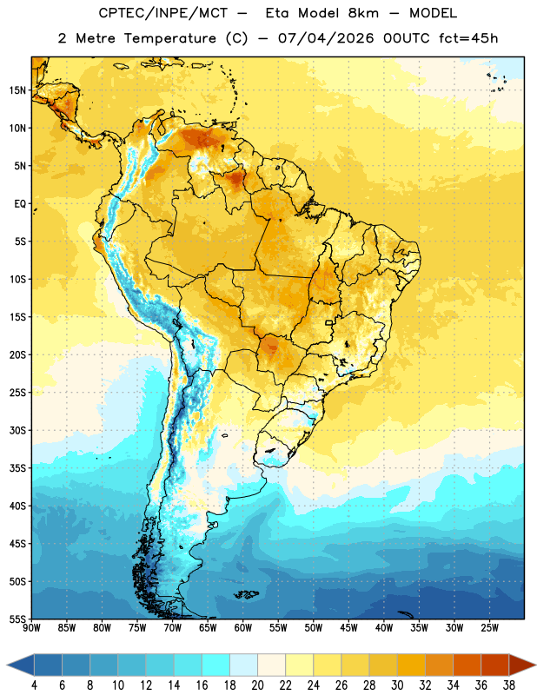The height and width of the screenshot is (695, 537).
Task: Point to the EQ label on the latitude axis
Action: pos(20,204)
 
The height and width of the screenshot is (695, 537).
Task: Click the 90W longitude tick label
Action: pos(31,628)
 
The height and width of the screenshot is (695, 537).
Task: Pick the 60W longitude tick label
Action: pos(243,628)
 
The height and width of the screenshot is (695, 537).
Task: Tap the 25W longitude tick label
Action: pos(490,628)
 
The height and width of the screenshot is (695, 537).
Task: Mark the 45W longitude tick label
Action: pos(349,628)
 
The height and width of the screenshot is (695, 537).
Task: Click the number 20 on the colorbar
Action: pos(257,685)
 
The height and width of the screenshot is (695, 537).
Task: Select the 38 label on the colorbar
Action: pos(509,685)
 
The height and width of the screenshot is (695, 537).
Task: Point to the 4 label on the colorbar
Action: pos(34,685)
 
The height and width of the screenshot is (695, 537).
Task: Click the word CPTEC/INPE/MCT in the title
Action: pos(163,13)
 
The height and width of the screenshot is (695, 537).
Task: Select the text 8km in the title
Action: pos(363,13)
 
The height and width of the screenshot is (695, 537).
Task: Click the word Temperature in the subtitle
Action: pos(169,38)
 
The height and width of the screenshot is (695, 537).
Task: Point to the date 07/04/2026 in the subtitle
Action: pos(326,38)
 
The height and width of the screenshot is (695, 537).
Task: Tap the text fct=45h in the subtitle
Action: pos(468,38)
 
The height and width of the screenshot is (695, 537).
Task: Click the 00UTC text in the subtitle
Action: pos(407,38)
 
